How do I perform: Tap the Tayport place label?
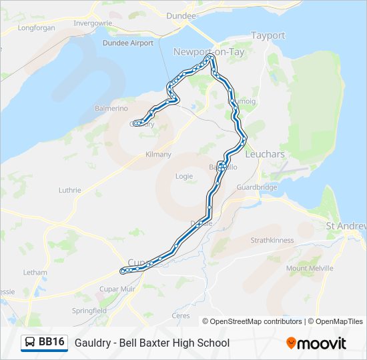tap(268, 35)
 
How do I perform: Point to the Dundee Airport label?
tap(128, 43)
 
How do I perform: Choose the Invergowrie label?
tap(93, 22)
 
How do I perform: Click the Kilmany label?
tap(158, 155)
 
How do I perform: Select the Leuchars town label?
tap(265, 154)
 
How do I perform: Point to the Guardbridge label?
tap(257, 187)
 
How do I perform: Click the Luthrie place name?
tap(70, 190)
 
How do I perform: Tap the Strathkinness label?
tap(272, 240)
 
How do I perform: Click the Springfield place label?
tap(89, 311)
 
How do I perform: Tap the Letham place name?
tap(35, 273)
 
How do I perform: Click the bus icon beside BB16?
tap(30, 343)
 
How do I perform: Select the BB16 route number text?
tap(51, 343)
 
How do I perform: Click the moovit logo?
tap(316, 343)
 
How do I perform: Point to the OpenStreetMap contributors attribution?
tap(253, 321)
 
